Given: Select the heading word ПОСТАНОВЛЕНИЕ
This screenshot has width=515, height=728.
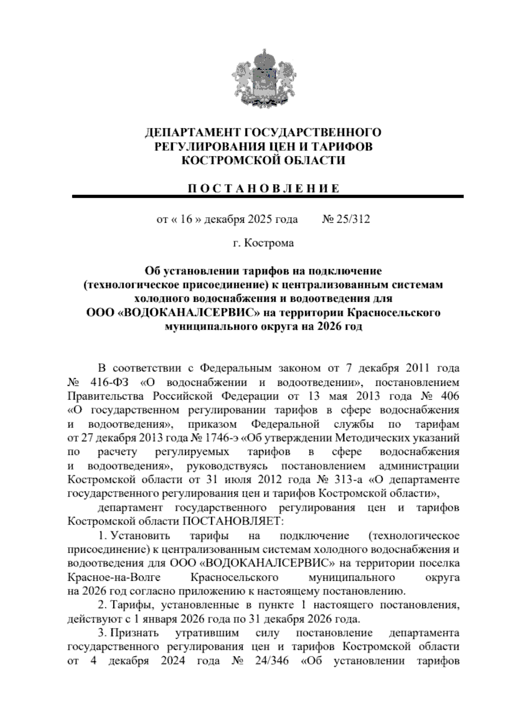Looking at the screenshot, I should pyautogui.click(x=263, y=188).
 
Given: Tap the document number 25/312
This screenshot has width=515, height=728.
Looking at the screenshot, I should pyautogui.click(x=352, y=219).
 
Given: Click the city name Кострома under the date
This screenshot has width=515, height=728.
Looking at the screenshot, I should pyautogui.click(x=269, y=243).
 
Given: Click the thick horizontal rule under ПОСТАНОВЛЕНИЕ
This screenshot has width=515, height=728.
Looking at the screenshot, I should pyautogui.click(x=268, y=197).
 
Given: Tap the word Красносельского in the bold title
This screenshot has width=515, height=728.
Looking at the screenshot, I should pyautogui.click(x=393, y=312).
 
